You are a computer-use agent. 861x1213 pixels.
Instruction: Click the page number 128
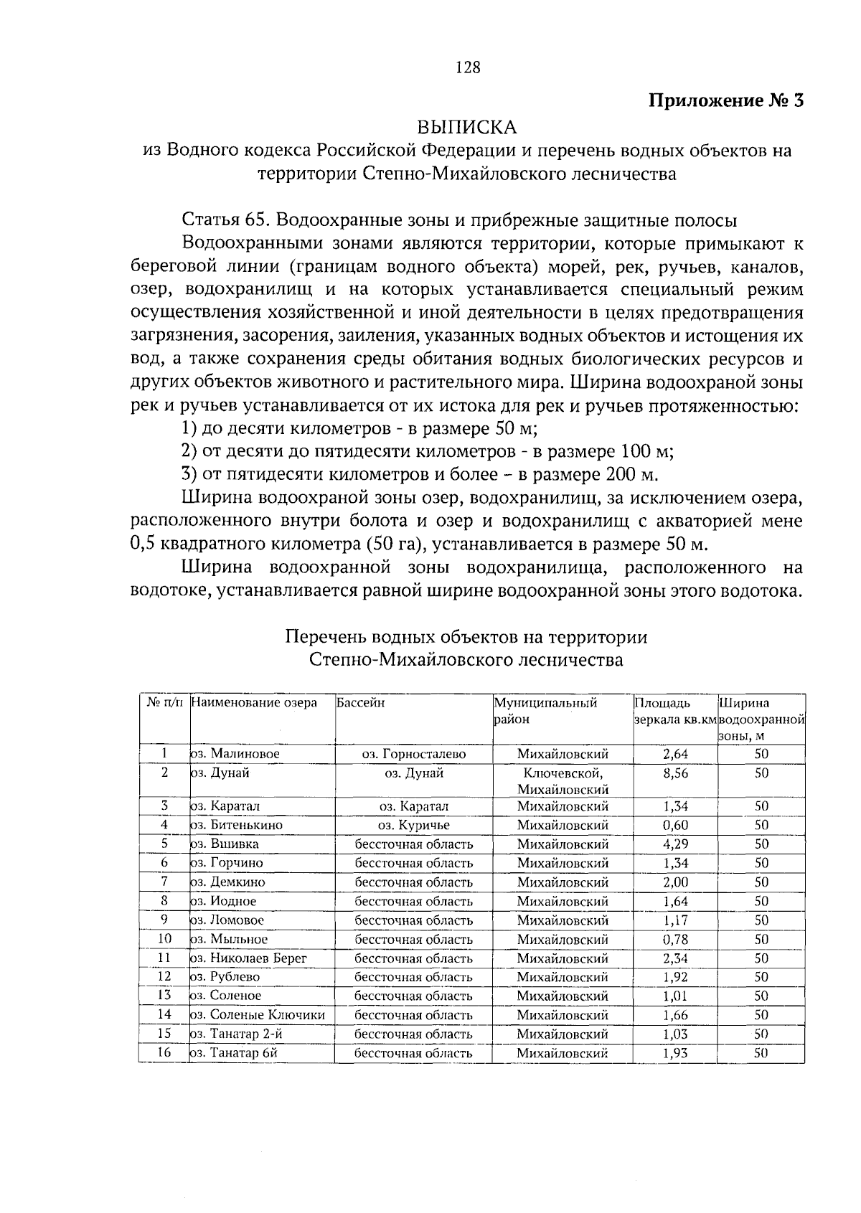click(468, 67)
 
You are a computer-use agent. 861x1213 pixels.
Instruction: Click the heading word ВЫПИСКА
click(467, 127)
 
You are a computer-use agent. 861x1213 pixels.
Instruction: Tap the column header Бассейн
click(360, 703)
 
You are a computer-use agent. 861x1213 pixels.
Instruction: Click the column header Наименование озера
click(254, 703)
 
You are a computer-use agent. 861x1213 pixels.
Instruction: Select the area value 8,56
click(675, 773)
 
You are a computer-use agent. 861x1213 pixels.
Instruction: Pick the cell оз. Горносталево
click(413, 754)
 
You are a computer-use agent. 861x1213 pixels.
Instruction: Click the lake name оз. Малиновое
click(234, 754)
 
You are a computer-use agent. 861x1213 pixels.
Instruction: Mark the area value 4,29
click(675, 844)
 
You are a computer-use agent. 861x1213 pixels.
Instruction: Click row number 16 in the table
click(164, 1052)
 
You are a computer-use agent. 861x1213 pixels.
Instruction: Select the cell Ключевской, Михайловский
click(563, 781)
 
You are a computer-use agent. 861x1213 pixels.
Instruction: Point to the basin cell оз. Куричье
click(413, 825)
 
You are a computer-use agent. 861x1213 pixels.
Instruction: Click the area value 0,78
click(675, 939)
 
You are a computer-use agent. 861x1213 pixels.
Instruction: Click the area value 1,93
click(675, 1053)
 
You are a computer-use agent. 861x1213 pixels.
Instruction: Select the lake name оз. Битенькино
click(236, 825)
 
